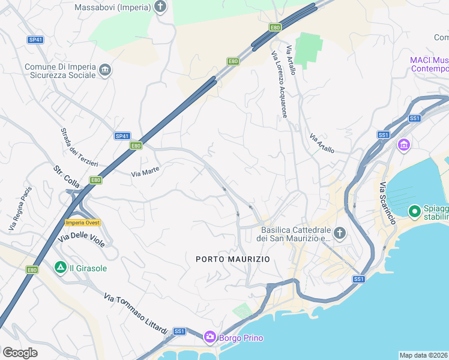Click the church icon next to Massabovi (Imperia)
click(x=160, y=7)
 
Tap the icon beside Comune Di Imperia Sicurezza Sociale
click(x=106, y=71)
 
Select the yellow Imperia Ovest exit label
click(x=82, y=223)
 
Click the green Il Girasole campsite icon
click(x=60, y=267)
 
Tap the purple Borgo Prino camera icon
click(x=209, y=337)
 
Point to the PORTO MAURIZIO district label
click(x=233, y=259)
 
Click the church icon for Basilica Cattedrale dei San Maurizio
click(x=340, y=233)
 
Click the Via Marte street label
click(x=145, y=172)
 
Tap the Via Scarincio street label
click(x=387, y=203)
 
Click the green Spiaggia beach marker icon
click(x=414, y=211)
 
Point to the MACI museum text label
click(x=429, y=64)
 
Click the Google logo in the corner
click(x=20, y=353)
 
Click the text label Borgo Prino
click(x=241, y=338)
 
